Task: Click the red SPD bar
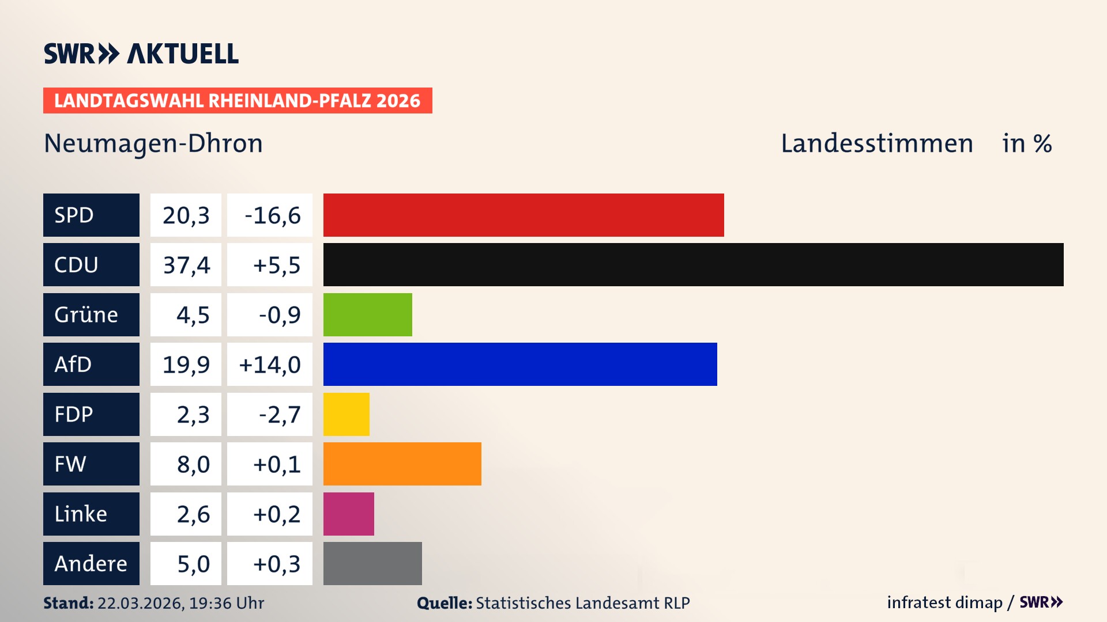click(524, 215)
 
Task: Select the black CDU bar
click(693, 264)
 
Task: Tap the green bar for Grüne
click(367, 314)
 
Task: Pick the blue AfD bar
click(520, 364)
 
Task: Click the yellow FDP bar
click(346, 414)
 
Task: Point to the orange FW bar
click(402, 464)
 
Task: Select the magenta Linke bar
click(348, 514)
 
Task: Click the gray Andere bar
click(372, 563)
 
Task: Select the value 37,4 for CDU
click(186, 265)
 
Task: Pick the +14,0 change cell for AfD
click(270, 365)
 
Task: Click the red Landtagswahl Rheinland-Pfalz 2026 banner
click(238, 100)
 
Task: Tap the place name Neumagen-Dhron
click(153, 143)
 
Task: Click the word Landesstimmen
click(876, 143)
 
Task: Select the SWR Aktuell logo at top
click(141, 54)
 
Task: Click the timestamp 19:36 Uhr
click(226, 603)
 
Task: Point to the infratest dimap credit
click(944, 602)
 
